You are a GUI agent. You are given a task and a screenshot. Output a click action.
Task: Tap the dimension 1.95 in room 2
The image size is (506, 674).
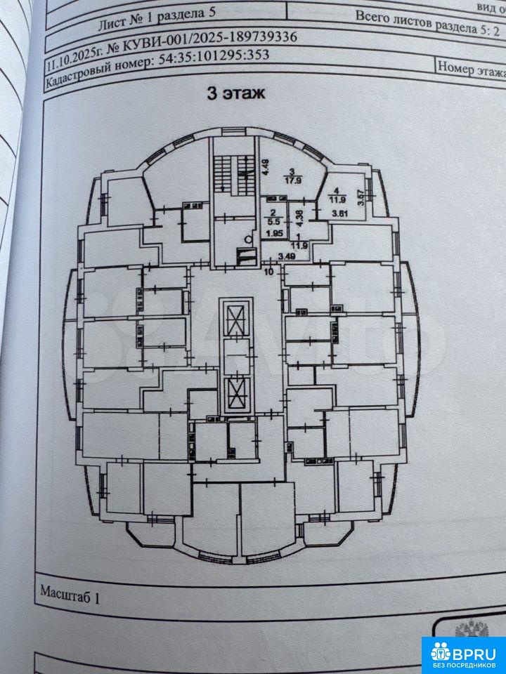click(x=274, y=234)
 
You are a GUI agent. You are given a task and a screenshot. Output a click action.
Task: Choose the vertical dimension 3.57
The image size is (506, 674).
click(x=361, y=199)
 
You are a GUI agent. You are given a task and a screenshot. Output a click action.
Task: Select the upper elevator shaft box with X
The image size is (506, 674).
click(x=234, y=319)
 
